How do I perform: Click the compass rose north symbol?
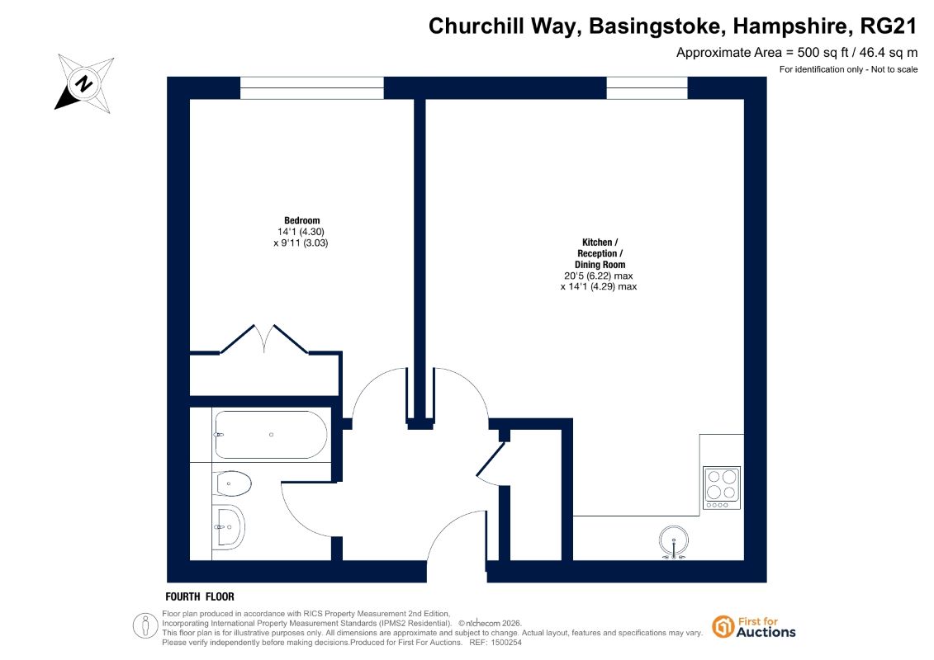click(x=84, y=83)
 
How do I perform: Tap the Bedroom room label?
click(x=302, y=220)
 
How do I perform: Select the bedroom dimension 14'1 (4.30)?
click(x=301, y=232)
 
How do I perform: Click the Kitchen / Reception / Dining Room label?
click(x=600, y=253)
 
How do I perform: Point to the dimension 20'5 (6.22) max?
click(x=599, y=276)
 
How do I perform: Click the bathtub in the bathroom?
click(x=270, y=435)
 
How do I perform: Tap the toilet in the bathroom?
click(x=233, y=483)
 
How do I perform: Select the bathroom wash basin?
click(x=229, y=526)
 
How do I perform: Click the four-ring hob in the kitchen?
click(x=721, y=488)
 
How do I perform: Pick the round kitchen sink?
click(x=674, y=541)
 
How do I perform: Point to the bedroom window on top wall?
click(x=311, y=88)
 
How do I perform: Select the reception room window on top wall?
click(x=647, y=88)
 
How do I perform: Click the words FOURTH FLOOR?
click(x=200, y=596)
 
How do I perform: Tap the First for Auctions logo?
click(x=754, y=627)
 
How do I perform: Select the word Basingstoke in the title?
click(x=657, y=26)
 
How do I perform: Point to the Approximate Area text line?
click(x=797, y=52)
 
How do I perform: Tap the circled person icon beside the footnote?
click(x=145, y=626)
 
